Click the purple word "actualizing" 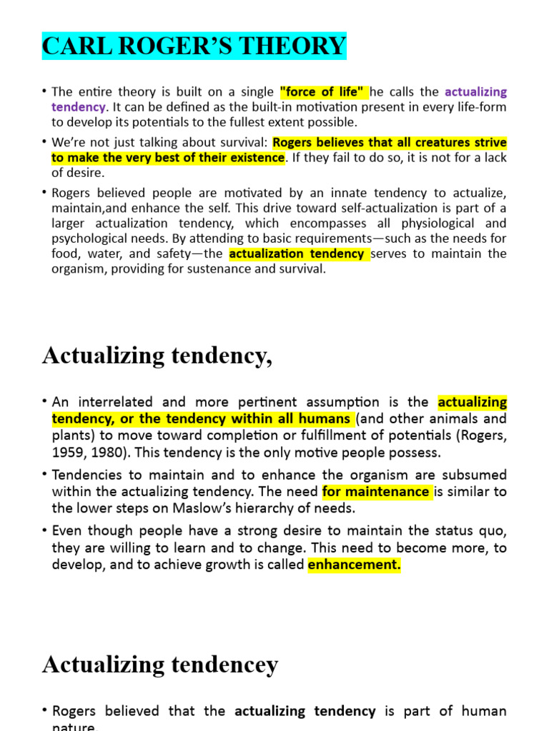coord(475,91)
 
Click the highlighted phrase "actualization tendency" coord(297,254)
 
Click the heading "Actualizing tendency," coord(157,355)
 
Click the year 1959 coord(70,451)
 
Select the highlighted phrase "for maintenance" coord(377,491)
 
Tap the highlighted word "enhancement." coord(354,565)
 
